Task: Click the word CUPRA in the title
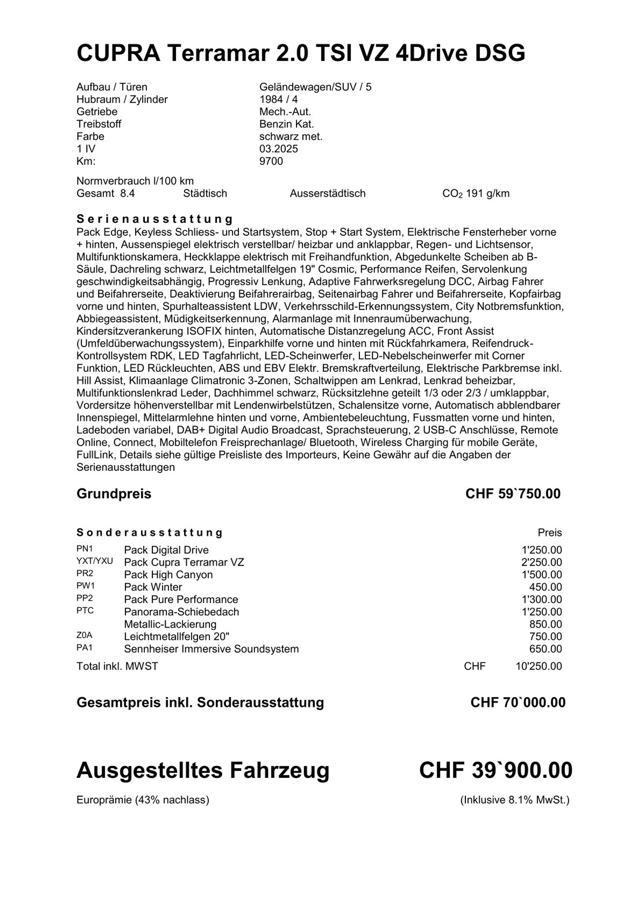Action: (118, 53)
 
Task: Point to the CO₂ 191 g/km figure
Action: (476, 193)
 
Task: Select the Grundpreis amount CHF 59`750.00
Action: (513, 493)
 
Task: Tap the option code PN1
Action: (85, 549)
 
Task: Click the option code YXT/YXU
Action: (95, 561)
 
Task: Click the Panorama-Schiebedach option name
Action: (181, 612)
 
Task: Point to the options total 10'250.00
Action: (538, 667)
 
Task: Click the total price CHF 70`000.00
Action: (518, 702)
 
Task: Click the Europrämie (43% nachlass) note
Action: (143, 800)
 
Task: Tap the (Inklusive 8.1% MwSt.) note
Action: (515, 800)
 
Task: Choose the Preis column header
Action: (550, 533)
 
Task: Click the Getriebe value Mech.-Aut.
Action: (285, 112)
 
